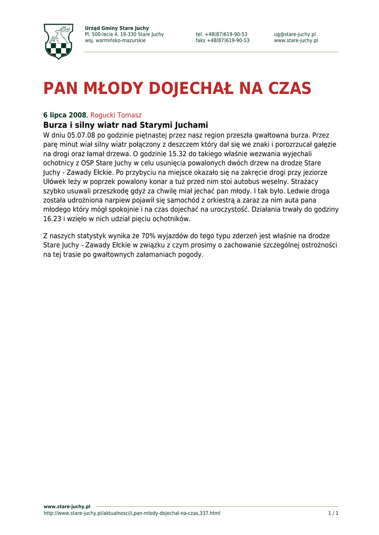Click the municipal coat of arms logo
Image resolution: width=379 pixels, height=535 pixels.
58,41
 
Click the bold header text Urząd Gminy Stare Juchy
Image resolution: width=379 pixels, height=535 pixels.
117,28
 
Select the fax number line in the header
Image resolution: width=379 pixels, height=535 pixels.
222,41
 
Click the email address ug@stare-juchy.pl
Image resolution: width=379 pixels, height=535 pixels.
294,34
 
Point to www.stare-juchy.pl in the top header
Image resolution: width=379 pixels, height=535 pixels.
295,41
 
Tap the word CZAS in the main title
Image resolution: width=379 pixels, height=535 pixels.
290,88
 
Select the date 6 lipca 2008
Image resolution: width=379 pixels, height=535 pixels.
64,115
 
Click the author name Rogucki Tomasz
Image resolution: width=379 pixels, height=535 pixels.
116,115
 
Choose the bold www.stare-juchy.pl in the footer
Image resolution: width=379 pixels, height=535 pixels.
66,506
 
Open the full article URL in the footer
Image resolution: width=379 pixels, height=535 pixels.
131,513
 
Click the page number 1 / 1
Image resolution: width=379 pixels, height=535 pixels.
333,513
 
